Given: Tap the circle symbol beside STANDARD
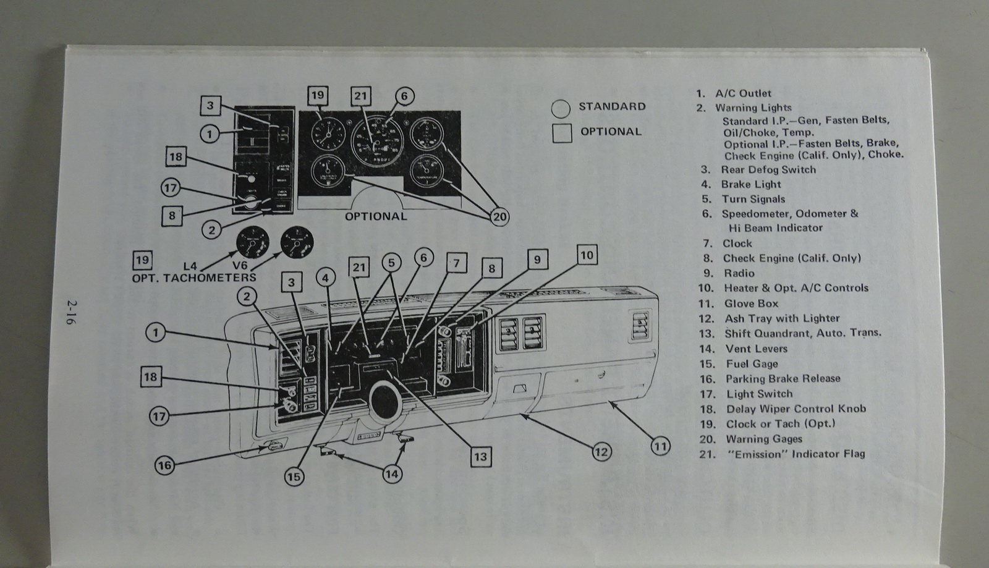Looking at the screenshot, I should click(561, 109).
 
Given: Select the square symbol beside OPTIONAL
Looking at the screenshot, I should click(562, 133).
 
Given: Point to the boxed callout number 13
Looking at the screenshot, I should click(480, 457).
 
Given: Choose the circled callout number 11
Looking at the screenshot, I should click(661, 446).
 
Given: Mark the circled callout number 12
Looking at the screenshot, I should click(601, 452).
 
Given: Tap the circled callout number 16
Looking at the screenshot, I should click(164, 465).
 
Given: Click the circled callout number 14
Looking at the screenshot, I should click(391, 474).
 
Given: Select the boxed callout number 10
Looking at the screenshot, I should click(587, 255).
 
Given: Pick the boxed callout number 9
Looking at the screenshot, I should click(537, 260).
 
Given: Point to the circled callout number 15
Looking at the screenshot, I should click(295, 476).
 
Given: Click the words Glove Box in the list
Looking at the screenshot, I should click(751, 303).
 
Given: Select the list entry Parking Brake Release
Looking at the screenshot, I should click(783, 379).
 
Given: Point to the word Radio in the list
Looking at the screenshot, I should click(739, 273).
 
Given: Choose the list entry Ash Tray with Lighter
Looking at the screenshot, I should click(782, 319).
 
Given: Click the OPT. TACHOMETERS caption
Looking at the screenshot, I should click(194, 278).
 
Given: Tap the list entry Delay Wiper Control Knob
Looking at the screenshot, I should click(796, 409).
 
